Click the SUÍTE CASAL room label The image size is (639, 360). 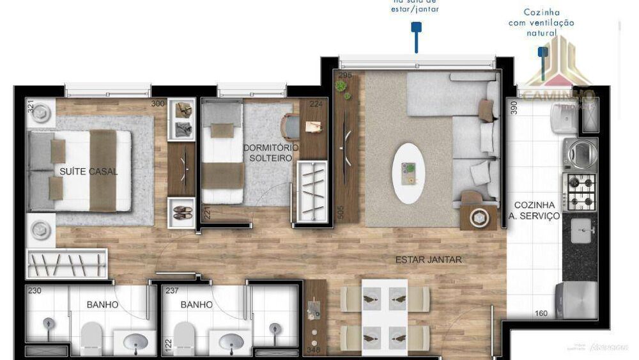(x=88, y=171)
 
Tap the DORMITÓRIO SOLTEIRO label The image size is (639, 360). (x=271, y=153)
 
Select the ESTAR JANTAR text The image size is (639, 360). (x=428, y=260)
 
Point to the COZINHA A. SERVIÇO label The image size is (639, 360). (x=537, y=210)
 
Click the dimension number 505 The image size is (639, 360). (x=341, y=213)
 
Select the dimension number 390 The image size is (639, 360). (x=513, y=107)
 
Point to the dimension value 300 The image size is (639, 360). (x=158, y=104)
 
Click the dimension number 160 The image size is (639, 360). (x=541, y=313)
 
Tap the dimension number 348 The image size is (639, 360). (x=313, y=350)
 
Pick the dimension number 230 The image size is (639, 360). (x=35, y=290)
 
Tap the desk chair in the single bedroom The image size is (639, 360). (x=291, y=127)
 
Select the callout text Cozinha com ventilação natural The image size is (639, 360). (x=541, y=22)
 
